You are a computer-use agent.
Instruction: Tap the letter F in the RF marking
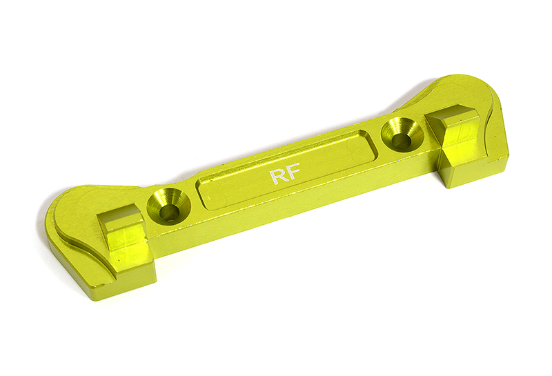point(293,172)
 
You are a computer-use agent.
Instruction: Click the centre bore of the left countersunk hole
point(169,212)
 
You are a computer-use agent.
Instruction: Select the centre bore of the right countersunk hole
point(402,140)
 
